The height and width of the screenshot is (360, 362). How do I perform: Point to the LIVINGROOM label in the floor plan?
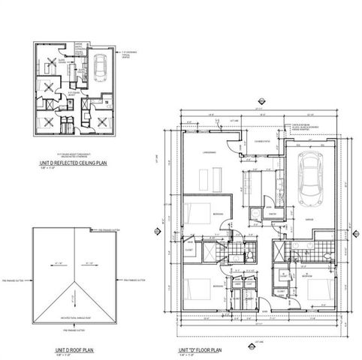point(210,153)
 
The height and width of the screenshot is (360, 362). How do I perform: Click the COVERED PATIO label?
point(261,141)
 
